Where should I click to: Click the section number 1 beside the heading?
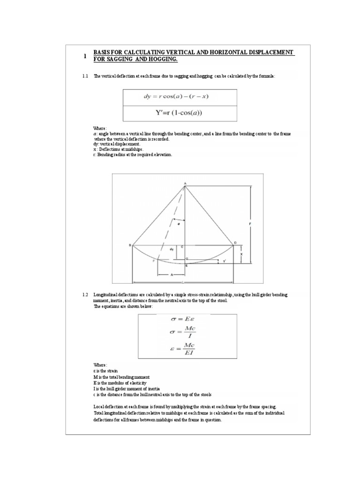pyautogui.click(x=85, y=56)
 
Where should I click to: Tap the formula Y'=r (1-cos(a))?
pyautogui.click(x=179, y=112)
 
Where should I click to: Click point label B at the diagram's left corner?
pyautogui.click(x=130, y=245)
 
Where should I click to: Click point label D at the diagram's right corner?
pyautogui.click(x=235, y=242)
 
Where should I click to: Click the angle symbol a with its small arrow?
pyautogui.click(x=178, y=224)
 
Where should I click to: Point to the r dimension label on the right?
pyautogui.click(x=251, y=225)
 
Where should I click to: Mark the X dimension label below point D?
pyautogui.click(x=241, y=254)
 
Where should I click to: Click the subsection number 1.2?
pyautogui.click(x=85, y=294)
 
